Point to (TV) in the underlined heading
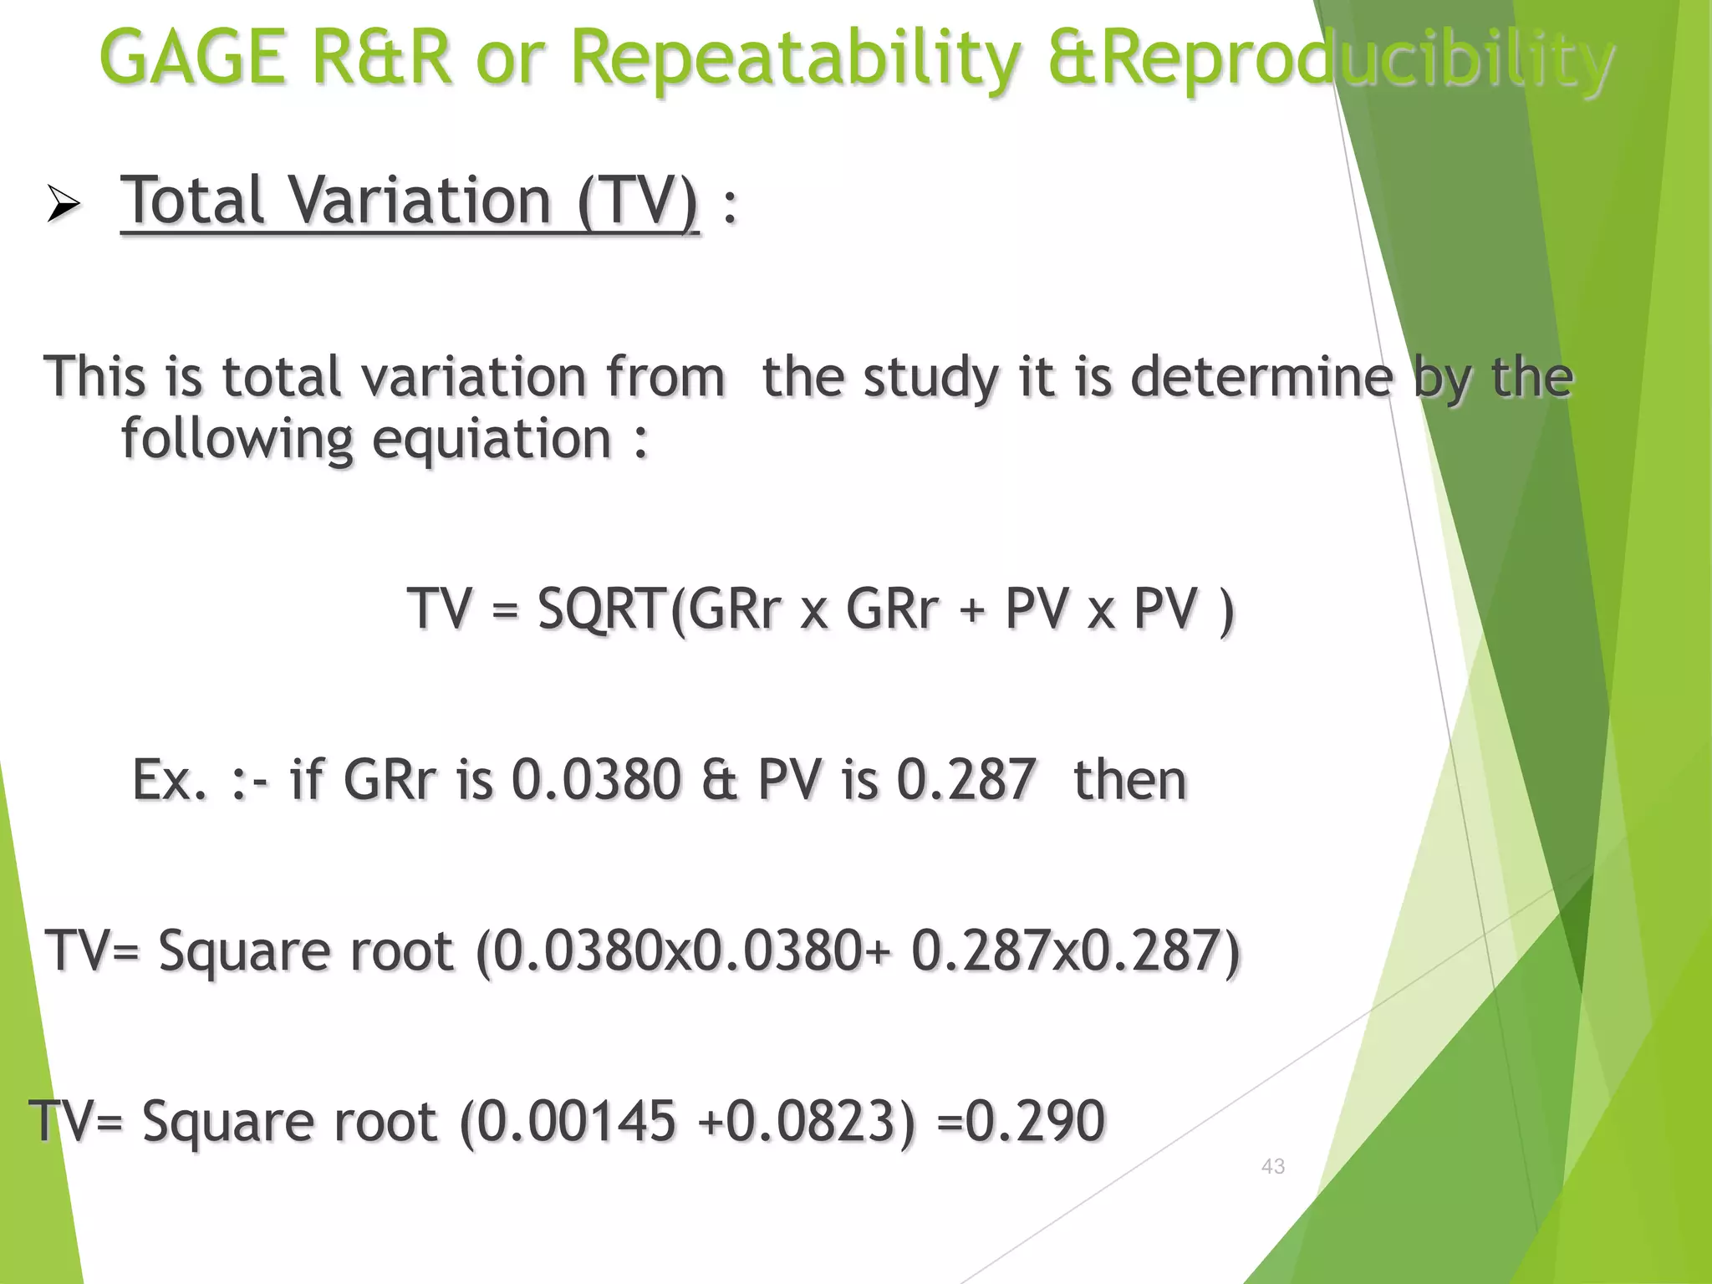[x=638, y=201]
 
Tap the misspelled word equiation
[x=492, y=440]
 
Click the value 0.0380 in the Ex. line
[x=596, y=780]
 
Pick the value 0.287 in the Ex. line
[x=966, y=780]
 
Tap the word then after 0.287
[x=1129, y=780]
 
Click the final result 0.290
[x=1035, y=1120]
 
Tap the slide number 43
[x=1272, y=1166]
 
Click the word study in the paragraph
[x=931, y=378]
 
